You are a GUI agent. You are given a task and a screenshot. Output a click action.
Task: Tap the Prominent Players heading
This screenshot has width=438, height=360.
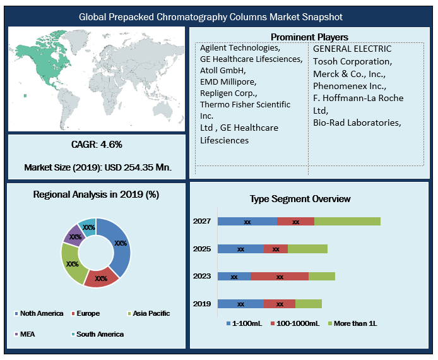coord(309,37)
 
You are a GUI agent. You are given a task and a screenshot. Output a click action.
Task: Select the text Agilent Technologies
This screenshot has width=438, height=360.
coord(239,48)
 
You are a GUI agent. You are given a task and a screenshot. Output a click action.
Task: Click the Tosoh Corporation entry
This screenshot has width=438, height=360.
coord(352,61)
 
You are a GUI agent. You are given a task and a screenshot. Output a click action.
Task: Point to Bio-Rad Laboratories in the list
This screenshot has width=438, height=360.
coord(357,122)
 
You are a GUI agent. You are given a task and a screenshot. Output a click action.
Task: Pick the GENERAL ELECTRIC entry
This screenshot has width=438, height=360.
coord(352,49)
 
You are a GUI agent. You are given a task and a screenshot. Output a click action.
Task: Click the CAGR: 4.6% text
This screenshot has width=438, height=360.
coord(97,145)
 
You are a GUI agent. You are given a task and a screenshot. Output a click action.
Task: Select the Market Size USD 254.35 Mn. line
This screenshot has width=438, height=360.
coord(98,168)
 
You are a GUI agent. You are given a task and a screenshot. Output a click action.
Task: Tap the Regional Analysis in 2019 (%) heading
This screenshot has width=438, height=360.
coord(96,195)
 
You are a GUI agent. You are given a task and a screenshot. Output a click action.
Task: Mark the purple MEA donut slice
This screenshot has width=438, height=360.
coord(73,235)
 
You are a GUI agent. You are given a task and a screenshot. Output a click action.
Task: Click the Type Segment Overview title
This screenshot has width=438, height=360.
coord(300,199)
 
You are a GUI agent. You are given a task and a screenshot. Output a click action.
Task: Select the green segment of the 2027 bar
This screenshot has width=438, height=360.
coord(347,221)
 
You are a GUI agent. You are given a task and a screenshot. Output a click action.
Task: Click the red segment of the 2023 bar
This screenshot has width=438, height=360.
coord(280,276)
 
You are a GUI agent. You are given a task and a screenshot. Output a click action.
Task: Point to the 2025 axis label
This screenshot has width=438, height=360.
coord(202,249)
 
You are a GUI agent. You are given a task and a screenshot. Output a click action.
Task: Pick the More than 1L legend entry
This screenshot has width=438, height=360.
coord(354,323)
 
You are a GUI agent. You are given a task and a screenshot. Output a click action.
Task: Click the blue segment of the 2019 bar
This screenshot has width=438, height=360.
coord(240,304)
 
